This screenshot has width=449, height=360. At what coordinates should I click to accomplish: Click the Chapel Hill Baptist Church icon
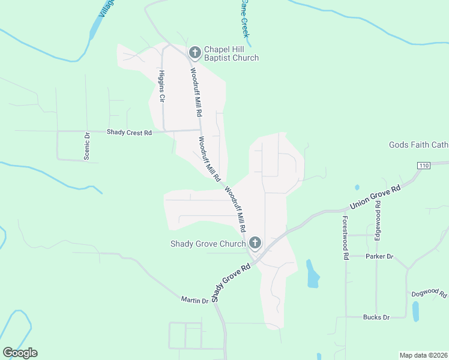click(x=194, y=53)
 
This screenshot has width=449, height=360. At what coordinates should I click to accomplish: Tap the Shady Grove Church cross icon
click(x=255, y=243)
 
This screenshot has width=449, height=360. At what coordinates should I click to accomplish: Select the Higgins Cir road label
click(x=161, y=86)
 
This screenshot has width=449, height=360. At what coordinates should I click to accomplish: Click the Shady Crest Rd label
click(x=129, y=132)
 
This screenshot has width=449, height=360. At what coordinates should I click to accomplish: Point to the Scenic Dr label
click(x=87, y=146)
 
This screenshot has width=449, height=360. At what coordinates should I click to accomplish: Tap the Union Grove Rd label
click(x=375, y=197)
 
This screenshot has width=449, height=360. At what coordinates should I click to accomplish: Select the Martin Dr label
click(x=194, y=299)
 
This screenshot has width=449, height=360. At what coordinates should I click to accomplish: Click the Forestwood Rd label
click(x=346, y=238)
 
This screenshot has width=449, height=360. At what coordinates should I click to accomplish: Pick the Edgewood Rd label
click(x=378, y=220)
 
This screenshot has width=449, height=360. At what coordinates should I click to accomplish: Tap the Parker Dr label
click(x=379, y=256)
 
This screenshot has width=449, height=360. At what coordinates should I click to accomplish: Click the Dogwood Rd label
click(x=429, y=294)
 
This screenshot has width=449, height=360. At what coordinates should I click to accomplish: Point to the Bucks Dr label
click(x=376, y=317)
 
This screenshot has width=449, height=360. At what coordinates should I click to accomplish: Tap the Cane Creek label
click(x=244, y=17)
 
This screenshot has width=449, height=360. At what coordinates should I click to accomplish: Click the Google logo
click(x=20, y=353)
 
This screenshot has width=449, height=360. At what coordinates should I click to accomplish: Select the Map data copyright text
click(x=424, y=355)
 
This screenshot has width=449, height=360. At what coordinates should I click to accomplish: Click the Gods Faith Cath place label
click(x=418, y=145)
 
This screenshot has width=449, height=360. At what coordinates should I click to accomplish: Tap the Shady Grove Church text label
click(x=208, y=244)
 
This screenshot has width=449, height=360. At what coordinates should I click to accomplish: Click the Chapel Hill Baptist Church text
click(x=231, y=53)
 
